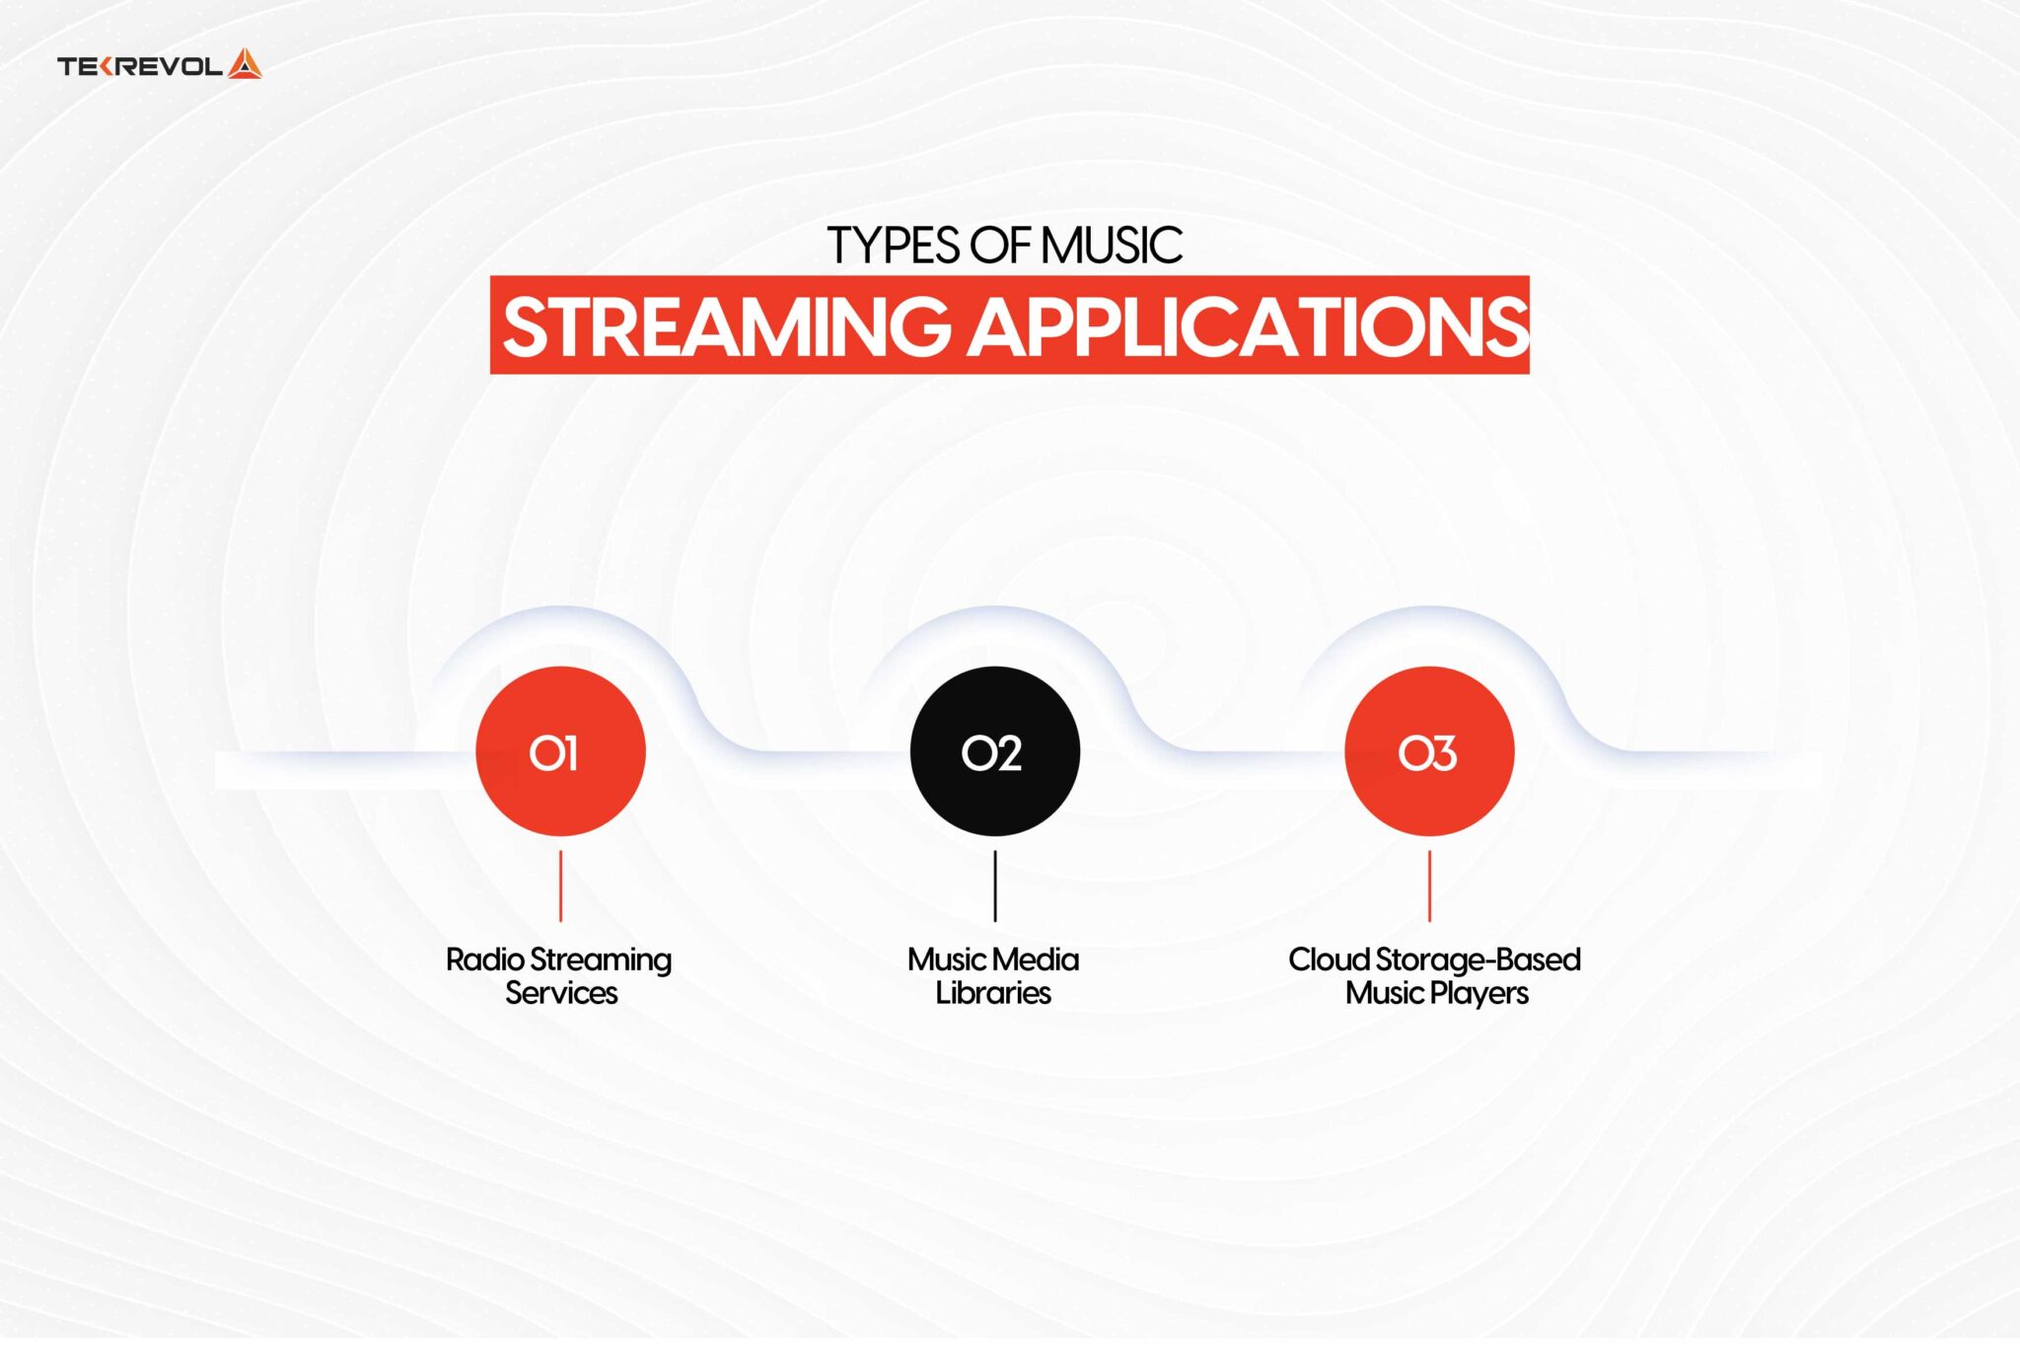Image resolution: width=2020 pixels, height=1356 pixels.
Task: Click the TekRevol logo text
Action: coord(139,67)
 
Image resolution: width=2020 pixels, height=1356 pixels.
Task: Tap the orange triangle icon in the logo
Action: coord(245,64)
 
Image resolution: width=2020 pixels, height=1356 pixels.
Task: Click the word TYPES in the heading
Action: coord(893,246)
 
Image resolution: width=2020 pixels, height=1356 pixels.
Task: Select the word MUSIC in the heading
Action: coord(1111,246)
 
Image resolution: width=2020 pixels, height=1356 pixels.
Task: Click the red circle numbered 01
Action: coord(560,751)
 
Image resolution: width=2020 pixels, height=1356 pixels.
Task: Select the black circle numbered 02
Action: coord(994,751)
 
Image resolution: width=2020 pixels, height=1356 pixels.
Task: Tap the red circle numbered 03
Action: coord(1429,751)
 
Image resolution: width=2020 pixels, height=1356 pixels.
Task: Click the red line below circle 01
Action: coord(560,886)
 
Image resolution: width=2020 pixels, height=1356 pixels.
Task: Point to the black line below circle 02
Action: coord(994,886)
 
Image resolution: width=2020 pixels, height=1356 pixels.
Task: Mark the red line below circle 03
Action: coord(1429,886)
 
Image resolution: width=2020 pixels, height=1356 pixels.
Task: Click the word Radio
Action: coord(484,960)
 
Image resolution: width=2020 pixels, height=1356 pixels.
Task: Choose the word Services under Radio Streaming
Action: coord(561,993)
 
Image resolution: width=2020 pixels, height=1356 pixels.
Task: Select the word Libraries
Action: coord(993,993)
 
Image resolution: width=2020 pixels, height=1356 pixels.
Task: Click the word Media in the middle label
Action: coord(1036,960)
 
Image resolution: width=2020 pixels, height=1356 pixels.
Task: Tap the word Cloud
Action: coord(1329,960)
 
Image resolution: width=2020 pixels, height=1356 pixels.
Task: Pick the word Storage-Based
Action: coord(1479,960)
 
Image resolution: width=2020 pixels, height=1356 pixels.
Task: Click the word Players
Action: coord(1479,993)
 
